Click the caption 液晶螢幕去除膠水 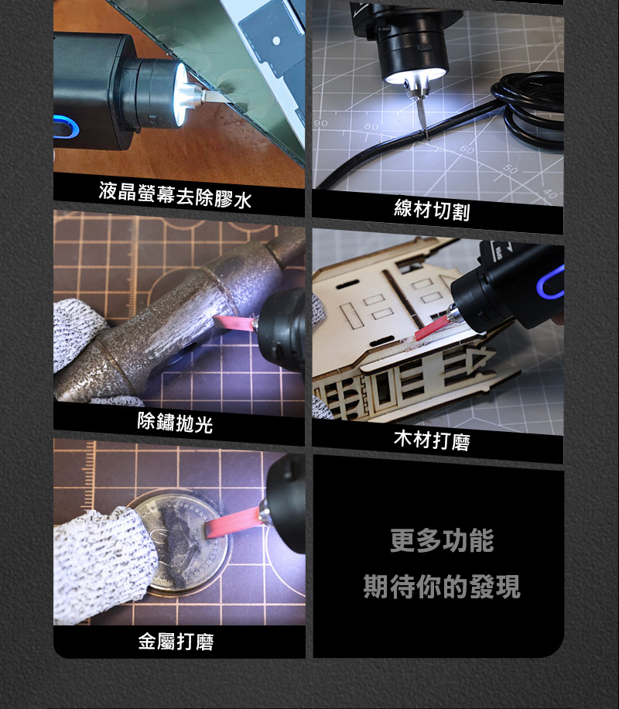175,194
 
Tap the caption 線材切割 432,210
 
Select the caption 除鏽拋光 175,423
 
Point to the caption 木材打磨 432,440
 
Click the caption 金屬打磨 176,641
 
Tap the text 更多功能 442,540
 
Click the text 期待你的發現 442,587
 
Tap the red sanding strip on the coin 233,522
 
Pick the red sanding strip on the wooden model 433,328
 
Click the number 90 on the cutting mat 320,123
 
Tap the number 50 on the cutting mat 510,169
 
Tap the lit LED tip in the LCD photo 181,94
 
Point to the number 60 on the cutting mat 467,149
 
